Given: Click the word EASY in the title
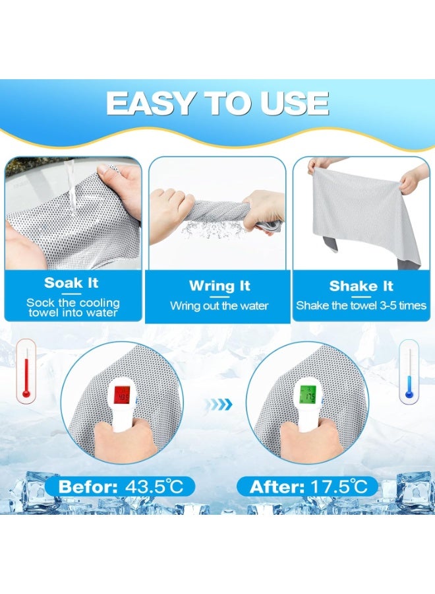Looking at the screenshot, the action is (150, 103).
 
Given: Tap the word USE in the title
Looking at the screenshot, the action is (295, 103).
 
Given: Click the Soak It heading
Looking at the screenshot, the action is (71, 283).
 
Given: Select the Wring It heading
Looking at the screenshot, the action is (219, 286).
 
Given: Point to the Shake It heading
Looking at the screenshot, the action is (361, 286).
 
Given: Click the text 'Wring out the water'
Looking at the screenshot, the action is (219, 306).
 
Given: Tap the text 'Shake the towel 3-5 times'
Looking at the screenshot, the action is (361, 306).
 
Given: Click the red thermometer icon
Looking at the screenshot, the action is (26, 371).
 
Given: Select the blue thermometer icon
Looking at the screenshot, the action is (409, 372).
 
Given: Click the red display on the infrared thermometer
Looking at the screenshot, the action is (122, 396).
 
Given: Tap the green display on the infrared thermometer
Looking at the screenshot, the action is (308, 395).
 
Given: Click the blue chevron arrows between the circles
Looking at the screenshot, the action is (219, 405).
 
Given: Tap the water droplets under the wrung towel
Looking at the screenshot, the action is (214, 229).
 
